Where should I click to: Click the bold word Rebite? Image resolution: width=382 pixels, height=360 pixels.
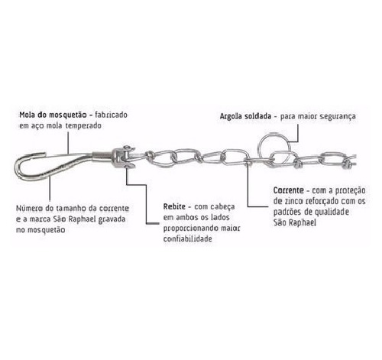point(174,206)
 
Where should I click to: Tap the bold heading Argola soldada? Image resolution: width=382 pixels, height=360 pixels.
point(245,116)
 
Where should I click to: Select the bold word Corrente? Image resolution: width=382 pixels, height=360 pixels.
point(289,190)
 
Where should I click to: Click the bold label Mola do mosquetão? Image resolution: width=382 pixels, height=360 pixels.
point(53,115)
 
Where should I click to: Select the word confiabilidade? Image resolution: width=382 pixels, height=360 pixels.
point(188,239)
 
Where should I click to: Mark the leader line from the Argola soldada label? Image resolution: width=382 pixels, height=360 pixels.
point(297,135)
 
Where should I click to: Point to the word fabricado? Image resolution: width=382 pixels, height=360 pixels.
point(112,115)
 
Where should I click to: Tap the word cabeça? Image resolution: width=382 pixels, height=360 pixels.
point(224,207)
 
